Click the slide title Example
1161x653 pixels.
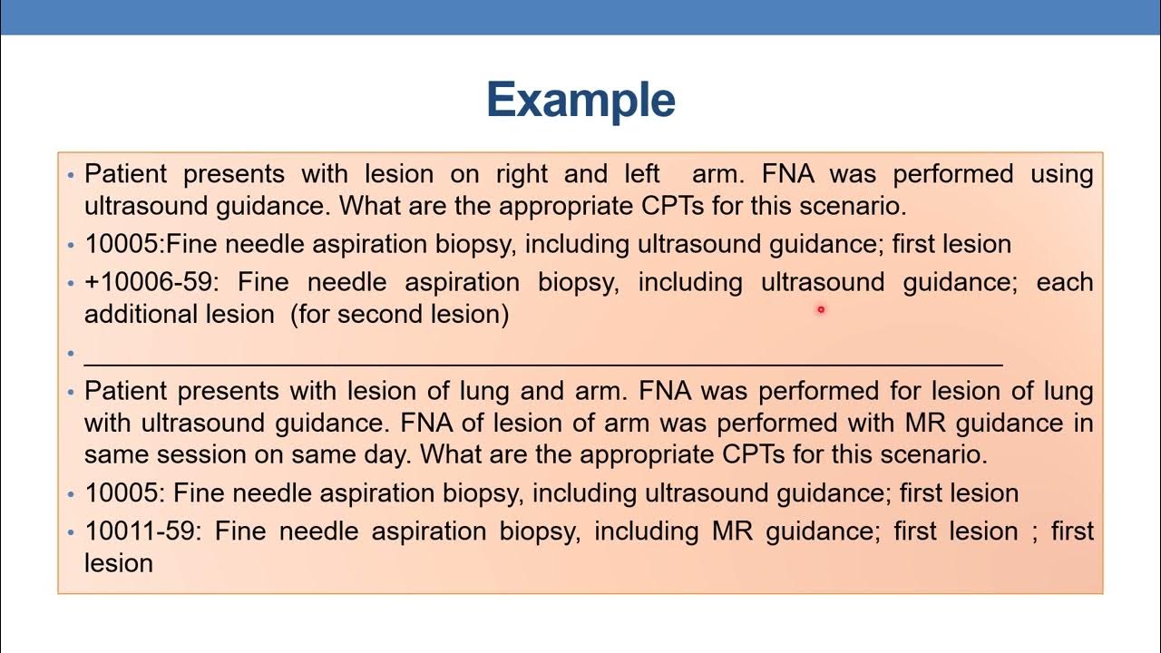coord(580,100)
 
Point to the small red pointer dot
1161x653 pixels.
coord(820,309)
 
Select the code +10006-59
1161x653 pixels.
coord(151,282)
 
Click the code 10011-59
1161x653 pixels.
coord(140,531)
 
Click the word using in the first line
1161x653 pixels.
coord(1061,173)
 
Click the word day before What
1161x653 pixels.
coord(386,453)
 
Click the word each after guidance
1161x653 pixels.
coord(1064,282)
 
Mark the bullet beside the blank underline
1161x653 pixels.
coord(71,352)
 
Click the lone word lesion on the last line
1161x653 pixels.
coord(118,563)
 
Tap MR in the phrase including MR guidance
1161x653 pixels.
coord(733,531)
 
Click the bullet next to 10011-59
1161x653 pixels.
coord(71,531)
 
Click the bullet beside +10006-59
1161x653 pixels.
coord(71,283)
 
